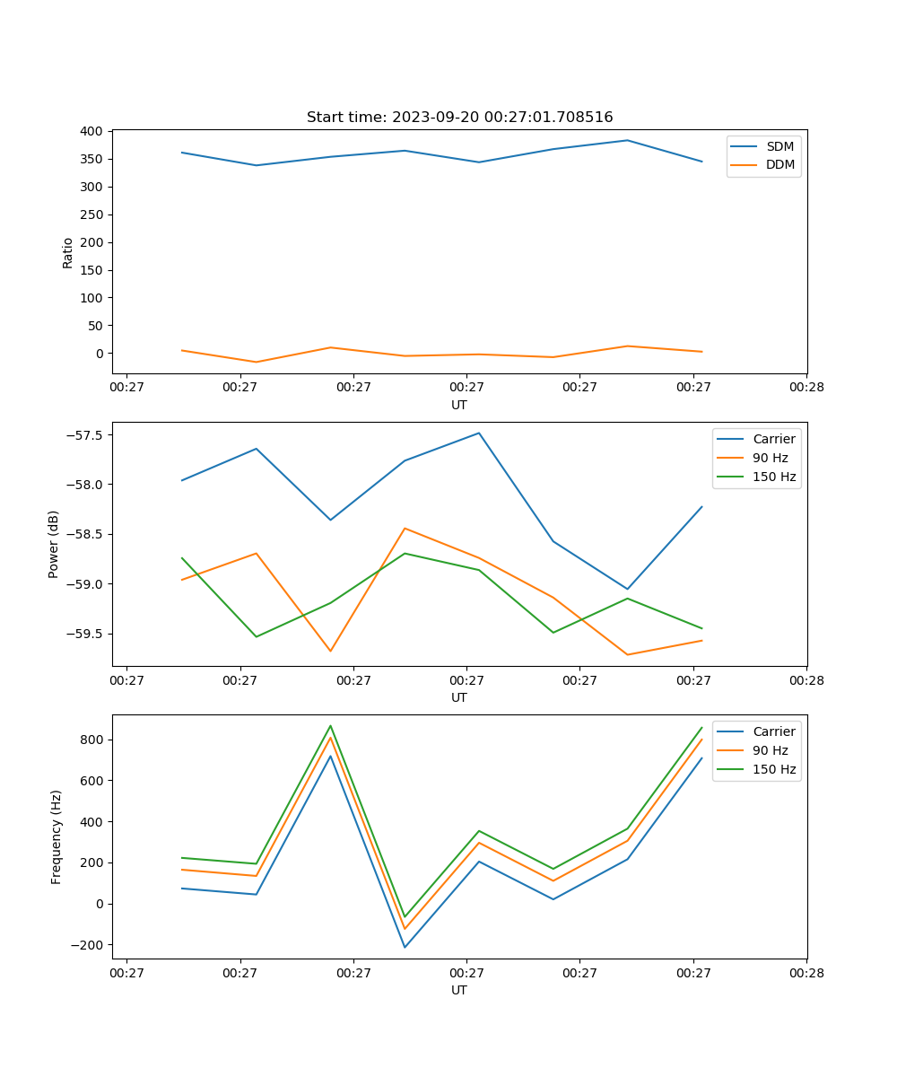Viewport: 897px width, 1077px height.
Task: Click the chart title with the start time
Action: coord(459,118)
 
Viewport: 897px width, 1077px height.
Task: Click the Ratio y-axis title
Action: coord(68,252)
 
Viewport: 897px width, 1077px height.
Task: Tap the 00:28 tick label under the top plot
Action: coord(806,388)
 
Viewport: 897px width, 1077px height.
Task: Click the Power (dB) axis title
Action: coord(54,544)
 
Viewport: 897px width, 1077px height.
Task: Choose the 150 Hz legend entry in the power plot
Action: coord(774,477)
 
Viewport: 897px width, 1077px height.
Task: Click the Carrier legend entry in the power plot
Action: coord(773,439)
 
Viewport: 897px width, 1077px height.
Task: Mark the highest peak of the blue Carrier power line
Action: coord(479,433)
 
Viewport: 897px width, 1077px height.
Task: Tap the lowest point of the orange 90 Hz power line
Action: coord(627,654)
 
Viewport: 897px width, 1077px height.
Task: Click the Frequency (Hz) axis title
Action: coord(57,836)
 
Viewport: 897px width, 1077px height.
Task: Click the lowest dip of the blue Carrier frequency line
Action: coord(405,947)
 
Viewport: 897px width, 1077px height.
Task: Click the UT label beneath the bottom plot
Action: coord(459,990)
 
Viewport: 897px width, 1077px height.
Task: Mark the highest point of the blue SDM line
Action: coord(627,140)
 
